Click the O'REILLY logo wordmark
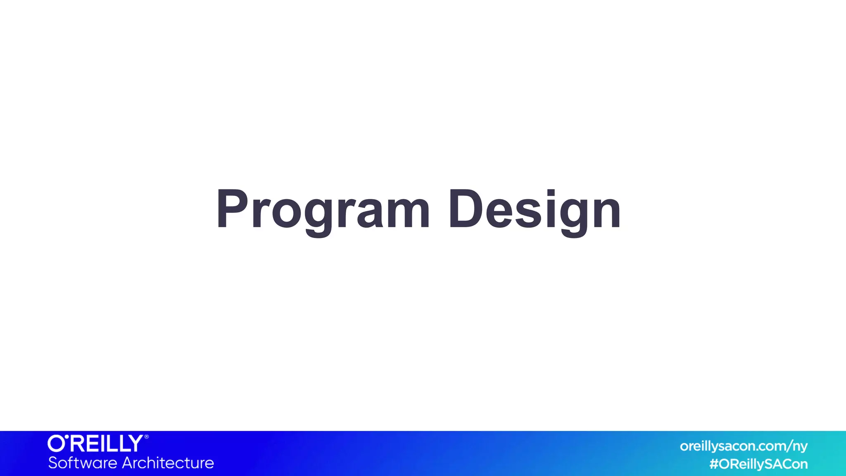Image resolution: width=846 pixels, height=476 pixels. [96, 443]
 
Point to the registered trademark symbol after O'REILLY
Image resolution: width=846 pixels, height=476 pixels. [146, 437]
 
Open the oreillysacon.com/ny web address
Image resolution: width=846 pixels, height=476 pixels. [744, 446]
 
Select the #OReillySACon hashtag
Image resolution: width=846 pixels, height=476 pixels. [758, 464]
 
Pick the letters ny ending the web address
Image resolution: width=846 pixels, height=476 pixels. [800, 447]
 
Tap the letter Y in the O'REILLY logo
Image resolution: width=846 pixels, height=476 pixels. [135, 443]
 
